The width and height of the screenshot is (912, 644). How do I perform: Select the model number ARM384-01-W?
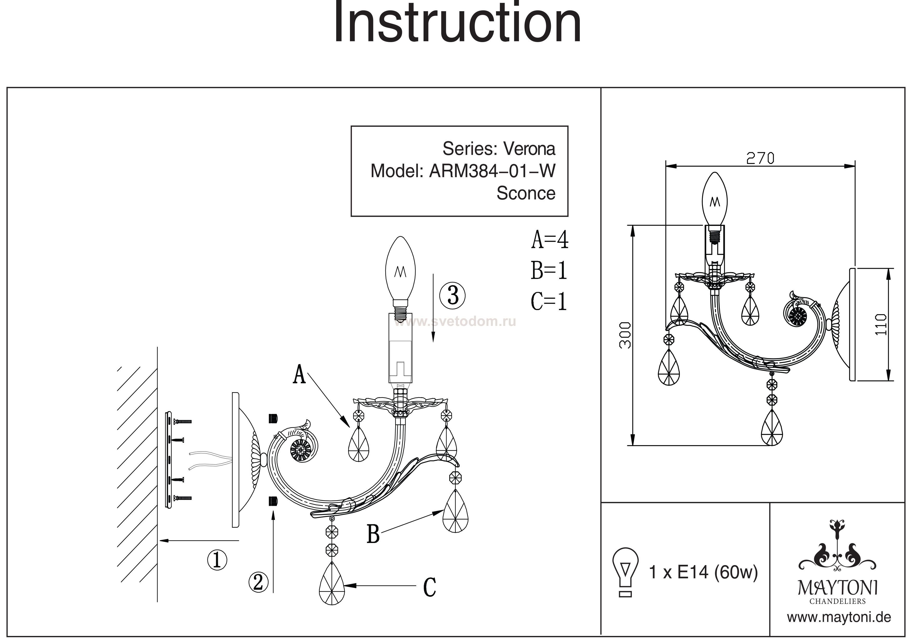coord(492,171)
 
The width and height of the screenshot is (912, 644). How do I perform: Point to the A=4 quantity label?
coord(550,240)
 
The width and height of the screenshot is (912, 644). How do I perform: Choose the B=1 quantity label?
coord(549,271)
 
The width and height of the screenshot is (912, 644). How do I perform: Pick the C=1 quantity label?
coord(549,301)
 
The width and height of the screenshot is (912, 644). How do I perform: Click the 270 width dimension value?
coord(760,159)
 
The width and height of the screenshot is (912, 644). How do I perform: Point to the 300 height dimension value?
coord(625,335)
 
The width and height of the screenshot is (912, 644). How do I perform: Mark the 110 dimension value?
coord(881,324)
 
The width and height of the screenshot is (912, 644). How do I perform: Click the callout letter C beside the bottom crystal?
coord(429,587)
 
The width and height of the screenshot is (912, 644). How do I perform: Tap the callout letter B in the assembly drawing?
coord(373,534)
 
